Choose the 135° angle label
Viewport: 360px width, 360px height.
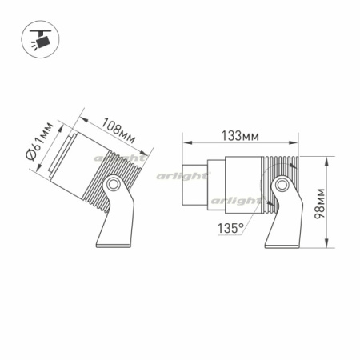(230, 229)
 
